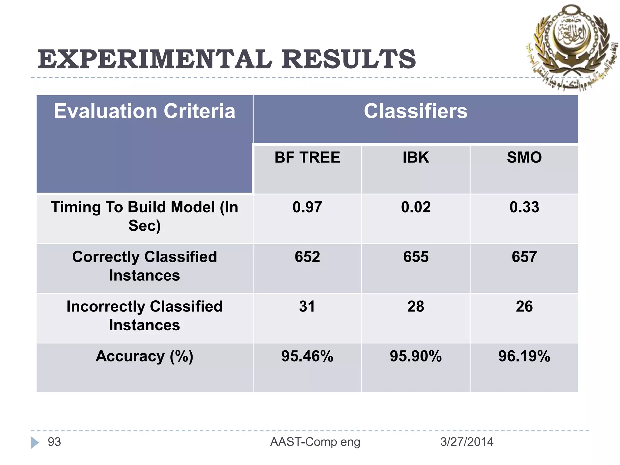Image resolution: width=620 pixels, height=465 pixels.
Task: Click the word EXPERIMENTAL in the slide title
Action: (x=154, y=59)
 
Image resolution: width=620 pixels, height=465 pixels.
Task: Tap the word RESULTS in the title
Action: (x=349, y=59)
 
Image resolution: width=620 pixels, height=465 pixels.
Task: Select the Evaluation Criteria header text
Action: (x=144, y=111)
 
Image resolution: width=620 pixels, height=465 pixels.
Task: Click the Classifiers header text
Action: (x=415, y=111)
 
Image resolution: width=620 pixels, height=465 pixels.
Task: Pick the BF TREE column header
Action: (x=307, y=157)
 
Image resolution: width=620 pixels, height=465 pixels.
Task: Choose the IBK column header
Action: (x=416, y=157)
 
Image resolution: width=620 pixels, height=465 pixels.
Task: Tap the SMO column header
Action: (x=524, y=157)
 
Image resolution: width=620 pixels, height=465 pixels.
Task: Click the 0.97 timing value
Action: (x=307, y=207)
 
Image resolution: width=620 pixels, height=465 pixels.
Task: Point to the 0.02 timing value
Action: (x=416, y=207)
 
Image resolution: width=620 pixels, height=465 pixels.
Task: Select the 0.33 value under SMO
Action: (x=524, y=207)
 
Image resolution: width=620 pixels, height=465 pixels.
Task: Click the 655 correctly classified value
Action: (x=416, y=257)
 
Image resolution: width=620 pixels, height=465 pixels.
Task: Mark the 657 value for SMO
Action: (x=524, y=257)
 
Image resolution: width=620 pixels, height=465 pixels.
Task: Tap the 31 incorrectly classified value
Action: (x=307, y=306)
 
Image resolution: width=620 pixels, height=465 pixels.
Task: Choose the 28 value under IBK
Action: (x=416, y=306)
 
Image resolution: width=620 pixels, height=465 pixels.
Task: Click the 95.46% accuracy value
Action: (x=307, y=356)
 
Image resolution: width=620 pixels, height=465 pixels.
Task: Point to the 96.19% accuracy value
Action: (x=524, y=356)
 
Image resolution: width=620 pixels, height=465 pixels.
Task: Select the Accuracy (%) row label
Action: (x=144, y=356)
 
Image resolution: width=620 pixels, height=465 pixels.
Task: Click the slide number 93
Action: (x=54, y=442)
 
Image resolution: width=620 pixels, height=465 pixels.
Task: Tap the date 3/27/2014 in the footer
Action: (x=467, y=442)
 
